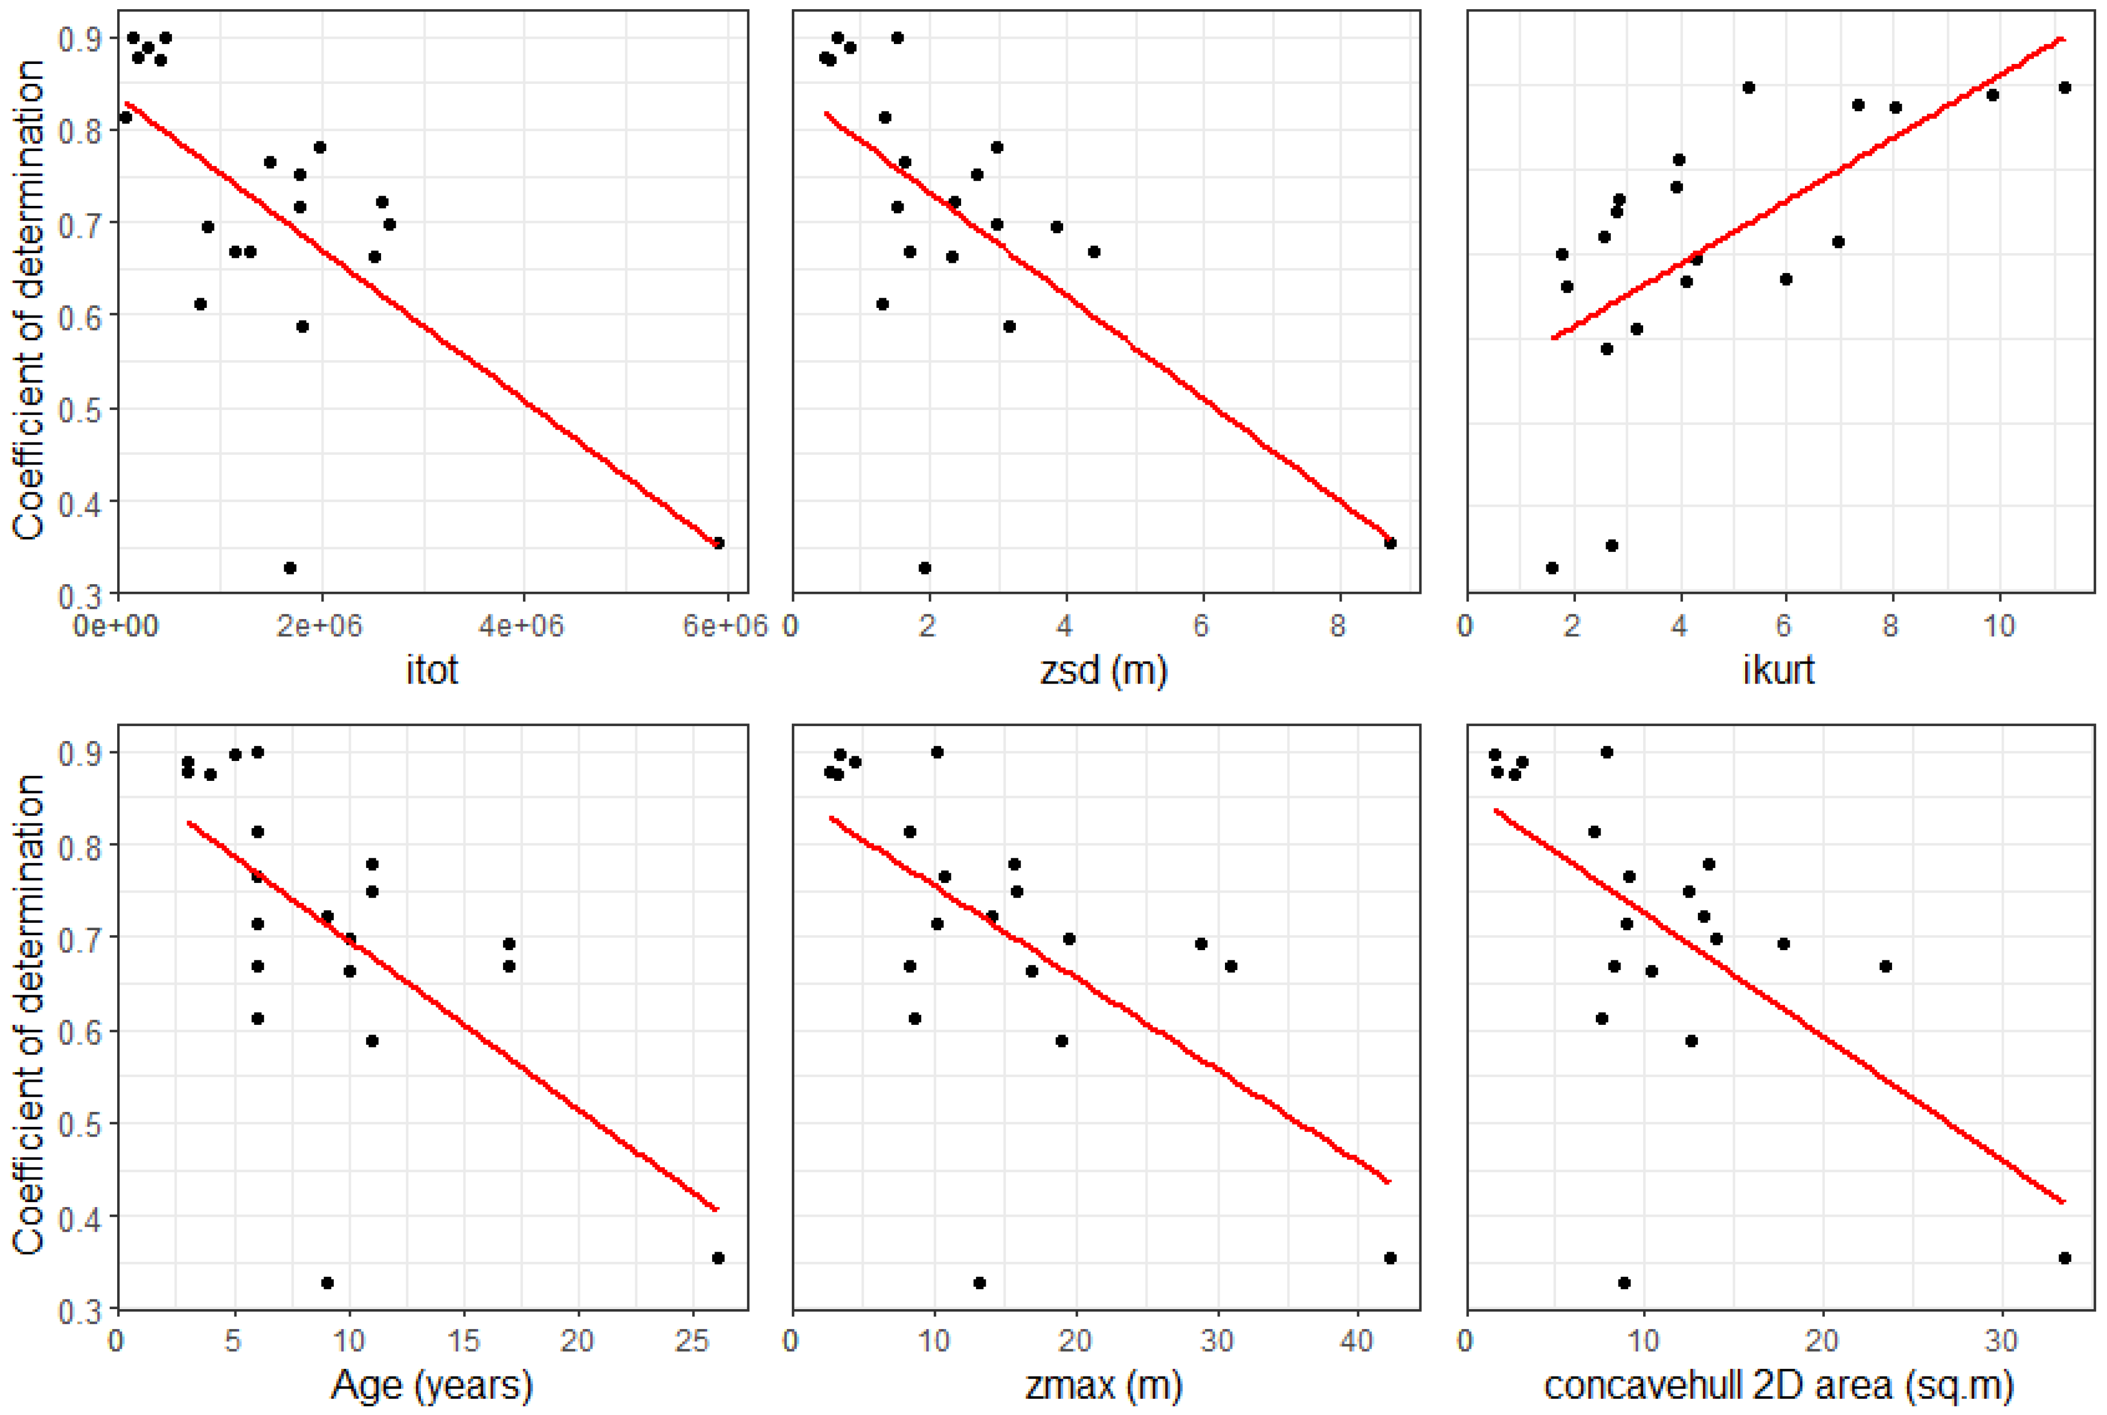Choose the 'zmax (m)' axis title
click(1103, 1384)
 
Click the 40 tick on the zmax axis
click(1356, 1341)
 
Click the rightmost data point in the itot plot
click(718, 543)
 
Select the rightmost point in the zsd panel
click(1391, 543)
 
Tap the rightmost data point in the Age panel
click(718, 1258)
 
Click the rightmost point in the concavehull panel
click(2065, 1258)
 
